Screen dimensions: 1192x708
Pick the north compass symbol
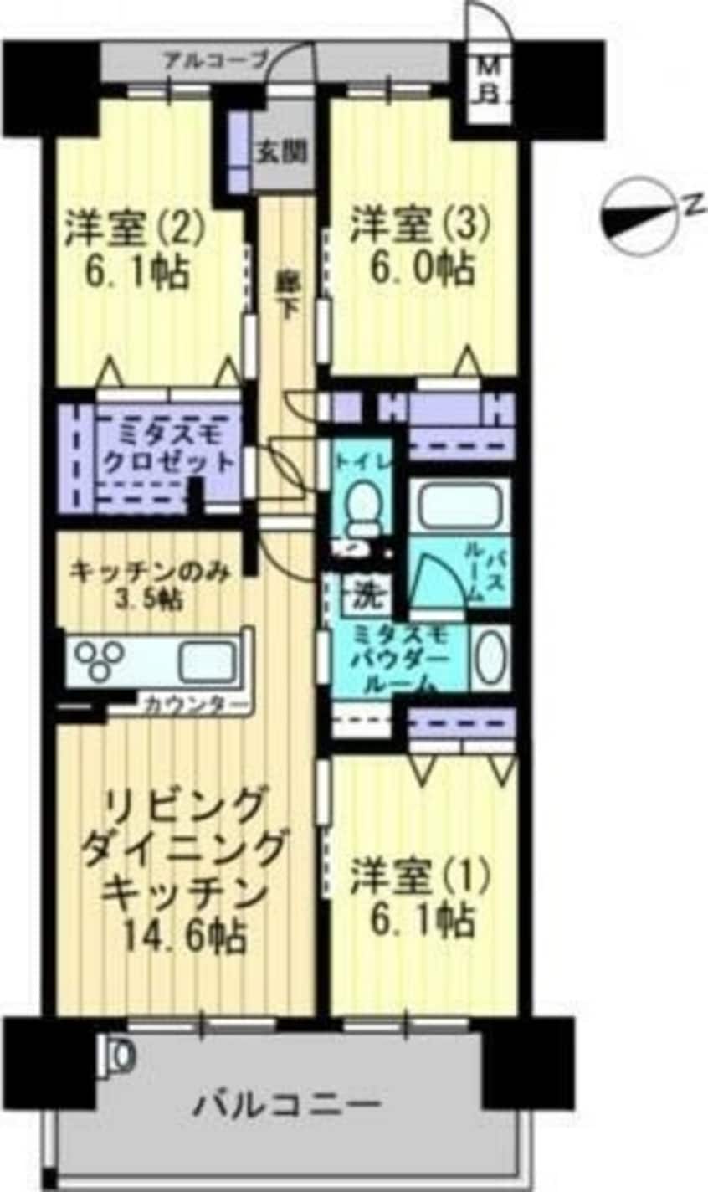[641, 213]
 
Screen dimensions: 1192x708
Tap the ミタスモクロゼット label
[167, 448]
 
